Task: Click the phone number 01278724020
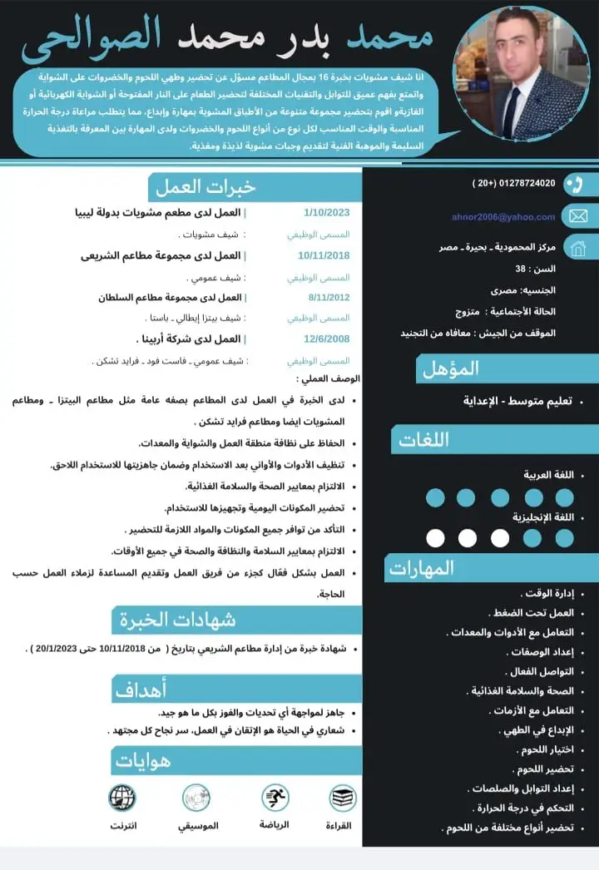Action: click(x=514, y=183)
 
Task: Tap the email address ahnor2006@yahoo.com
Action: click(x=503, y=217)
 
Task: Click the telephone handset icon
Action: click(x=575, y=184)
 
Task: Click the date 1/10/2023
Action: click(x=327, y=213)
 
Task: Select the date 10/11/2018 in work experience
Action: click(x=324, y=255)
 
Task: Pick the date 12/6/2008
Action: click(x=327, y=339)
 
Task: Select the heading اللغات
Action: click(x=424, y=440)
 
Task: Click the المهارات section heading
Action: click(x=421, y=568)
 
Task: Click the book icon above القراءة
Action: click(x=343, y=798)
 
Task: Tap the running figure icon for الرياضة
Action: click(x=275, y=798)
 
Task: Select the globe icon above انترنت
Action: click(x=122, y=798)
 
